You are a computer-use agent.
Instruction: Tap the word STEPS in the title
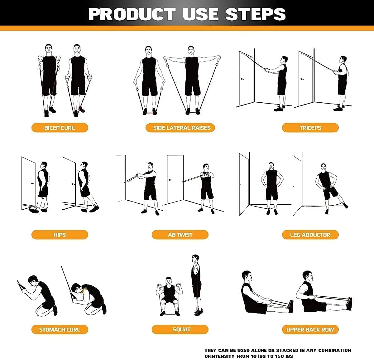click(x=255, y=14)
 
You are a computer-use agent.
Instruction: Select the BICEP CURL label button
click(x=60, y=128)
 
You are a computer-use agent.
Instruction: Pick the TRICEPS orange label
click(x=310, y=128)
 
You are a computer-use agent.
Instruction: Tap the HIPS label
click(x=60, y=235)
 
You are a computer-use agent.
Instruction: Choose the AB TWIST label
click(x=180, y=235)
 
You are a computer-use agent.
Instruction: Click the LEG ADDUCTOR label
click(x=310, y=235)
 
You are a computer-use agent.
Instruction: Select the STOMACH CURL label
click(x=60, y=329)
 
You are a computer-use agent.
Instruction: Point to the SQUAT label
click(x=180, y=329)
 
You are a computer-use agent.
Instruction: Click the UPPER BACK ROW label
click(x=310, y=329)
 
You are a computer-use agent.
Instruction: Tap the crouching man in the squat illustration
click(x=168, y=295)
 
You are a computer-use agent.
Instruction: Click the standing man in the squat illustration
click(x=196, y=284)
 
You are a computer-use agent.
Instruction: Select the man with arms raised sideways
click(x=192, y=78)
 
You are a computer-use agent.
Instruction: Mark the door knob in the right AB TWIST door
click(x=170, y=180)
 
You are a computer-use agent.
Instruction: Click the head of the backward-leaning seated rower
click(x=247, y=276)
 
